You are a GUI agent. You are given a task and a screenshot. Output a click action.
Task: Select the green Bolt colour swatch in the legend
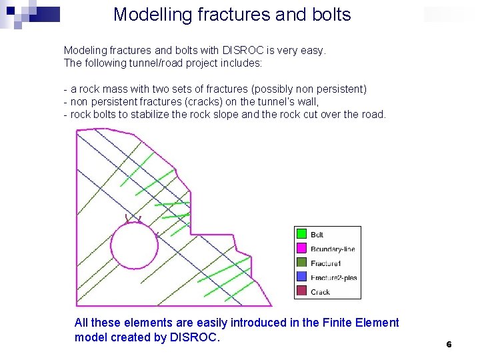tap(301, 234)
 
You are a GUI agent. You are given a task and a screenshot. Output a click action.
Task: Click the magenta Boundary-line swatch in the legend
tap(301, 249)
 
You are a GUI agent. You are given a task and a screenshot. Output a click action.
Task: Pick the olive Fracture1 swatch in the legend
tap(301, 263)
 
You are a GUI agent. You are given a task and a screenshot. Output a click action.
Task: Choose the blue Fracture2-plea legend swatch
tap(301, 277)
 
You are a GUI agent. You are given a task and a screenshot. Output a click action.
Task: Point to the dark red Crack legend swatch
tap(301, 291)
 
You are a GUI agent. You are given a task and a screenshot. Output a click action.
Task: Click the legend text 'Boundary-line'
tap(333, 249)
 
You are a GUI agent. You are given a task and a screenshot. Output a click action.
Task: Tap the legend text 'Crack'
tap(320, 292)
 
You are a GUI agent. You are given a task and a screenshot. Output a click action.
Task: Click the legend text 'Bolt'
tap(317, 235)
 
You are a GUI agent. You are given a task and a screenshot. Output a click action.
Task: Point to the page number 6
tap(449, 344)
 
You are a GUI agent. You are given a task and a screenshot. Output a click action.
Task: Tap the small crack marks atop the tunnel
tap(133, 219)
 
